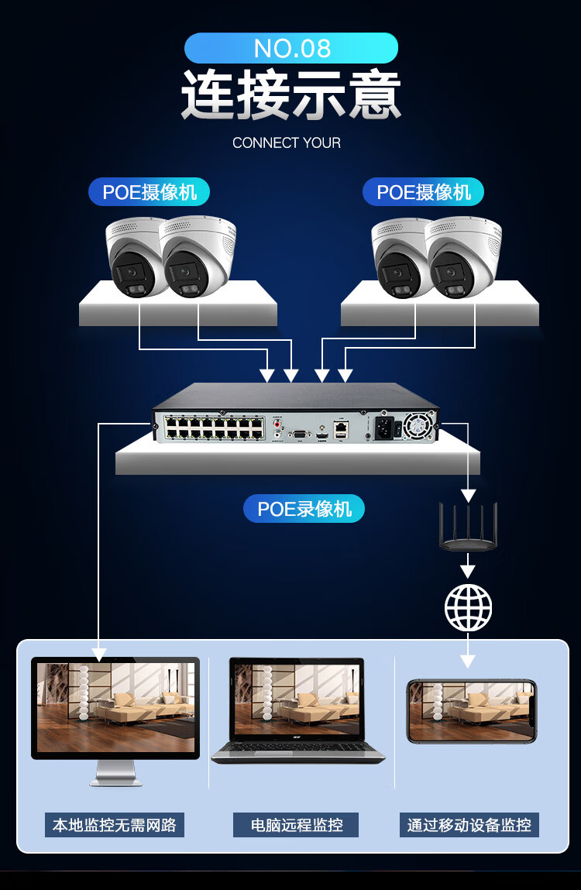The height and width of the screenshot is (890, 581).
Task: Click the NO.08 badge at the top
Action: (290, 48)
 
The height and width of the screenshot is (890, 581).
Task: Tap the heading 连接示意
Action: (290, 95)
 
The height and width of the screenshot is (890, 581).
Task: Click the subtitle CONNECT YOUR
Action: (287, 143)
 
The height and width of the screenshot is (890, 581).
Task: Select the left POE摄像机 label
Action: (150, 192)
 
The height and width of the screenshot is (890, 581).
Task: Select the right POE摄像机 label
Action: (423, 192)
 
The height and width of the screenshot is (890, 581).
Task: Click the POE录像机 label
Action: (304, 509)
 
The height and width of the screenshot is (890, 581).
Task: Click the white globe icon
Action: (468, 607)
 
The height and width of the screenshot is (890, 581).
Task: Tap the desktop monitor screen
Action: (115, 706)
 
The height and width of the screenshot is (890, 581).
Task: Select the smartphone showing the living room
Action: (472, 711)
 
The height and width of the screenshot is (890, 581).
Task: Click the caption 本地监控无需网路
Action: (115, 825)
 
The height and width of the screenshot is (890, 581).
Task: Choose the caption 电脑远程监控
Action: (296, 825)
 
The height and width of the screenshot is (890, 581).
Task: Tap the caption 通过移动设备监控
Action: (469, 825)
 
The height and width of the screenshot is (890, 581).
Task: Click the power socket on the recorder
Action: (385, 427)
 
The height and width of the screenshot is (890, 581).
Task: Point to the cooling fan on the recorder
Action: (418, 425)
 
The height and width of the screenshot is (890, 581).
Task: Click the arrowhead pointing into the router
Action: (468, 494)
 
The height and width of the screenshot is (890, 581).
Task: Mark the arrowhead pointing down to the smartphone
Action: (468, 661)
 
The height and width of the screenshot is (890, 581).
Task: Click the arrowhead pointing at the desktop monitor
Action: (99, 654)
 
